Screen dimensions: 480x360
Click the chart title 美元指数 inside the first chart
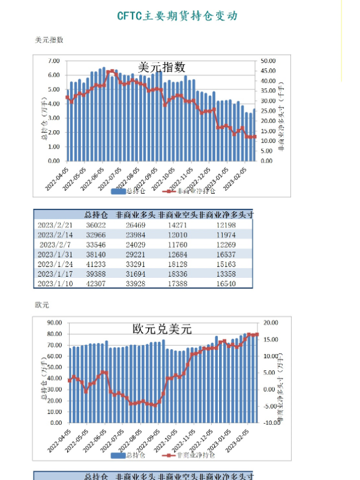coord(161,68)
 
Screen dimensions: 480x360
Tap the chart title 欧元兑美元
coord(161,329)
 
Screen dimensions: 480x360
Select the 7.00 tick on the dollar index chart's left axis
coord(53,61)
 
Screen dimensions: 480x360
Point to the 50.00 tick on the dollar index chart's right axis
coord(268,61)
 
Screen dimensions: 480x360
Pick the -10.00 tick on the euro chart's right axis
coord(270,422)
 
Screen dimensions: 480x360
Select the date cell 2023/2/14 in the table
coord(55,234)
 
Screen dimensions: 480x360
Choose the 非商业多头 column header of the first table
coord(135,214)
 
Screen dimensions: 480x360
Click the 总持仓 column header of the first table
coord(96,214)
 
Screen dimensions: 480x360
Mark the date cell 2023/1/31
coord(55,254)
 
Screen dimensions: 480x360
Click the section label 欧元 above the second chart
coord(42,305)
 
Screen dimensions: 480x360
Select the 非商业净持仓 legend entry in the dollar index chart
coord(191,191)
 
